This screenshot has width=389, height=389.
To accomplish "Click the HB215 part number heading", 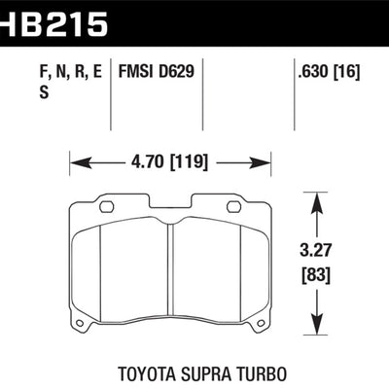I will [x=53, y=19].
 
